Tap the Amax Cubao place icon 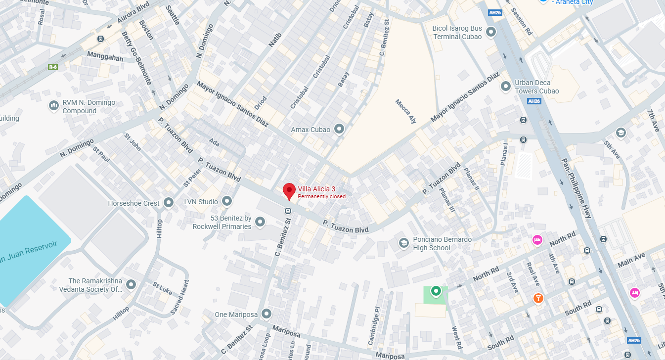tap(339, 130)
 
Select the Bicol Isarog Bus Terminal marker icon tap(491, 32)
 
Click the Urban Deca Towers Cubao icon tap(506, 87)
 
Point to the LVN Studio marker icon tap(227, 201)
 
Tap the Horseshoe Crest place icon tap(169, 203)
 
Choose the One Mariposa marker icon tap(266, 314)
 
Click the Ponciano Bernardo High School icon tap(404, 243)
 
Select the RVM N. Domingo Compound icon tap(54, 106)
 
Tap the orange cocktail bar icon tap(538, 298)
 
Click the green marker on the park tap(436, 291)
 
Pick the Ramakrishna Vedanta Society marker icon tap(131, 285)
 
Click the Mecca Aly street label tap(405, 111)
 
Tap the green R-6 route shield tap(53, 66)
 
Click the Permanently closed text tap(321, 197)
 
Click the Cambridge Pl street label tap(377, 316)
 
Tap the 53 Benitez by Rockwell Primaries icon tap(260, 222)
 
